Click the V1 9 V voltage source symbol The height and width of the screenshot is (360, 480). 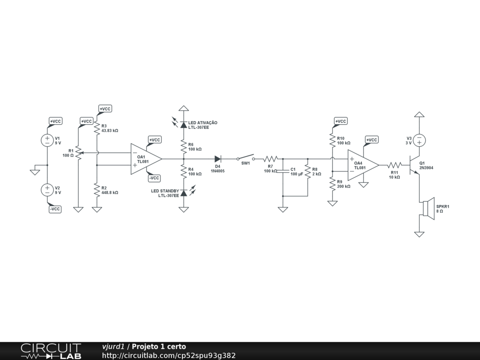47,140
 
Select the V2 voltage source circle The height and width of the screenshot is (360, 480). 47,190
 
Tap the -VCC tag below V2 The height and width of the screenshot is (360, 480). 55,209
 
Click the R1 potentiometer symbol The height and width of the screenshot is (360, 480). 78,153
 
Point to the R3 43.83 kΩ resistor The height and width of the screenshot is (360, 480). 97,128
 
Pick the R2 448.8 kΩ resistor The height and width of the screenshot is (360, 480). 97,190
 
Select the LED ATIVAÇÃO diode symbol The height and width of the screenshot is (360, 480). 183,125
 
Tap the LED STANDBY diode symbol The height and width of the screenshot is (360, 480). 183,193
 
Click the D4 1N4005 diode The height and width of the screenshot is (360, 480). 218,159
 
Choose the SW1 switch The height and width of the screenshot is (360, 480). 246,157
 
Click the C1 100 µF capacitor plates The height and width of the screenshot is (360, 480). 283,172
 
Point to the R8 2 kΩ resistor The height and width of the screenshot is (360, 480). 307,172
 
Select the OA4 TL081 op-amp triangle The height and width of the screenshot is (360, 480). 363,165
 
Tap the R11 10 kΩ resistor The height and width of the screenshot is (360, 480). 394,165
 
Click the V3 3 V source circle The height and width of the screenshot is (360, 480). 420,141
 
